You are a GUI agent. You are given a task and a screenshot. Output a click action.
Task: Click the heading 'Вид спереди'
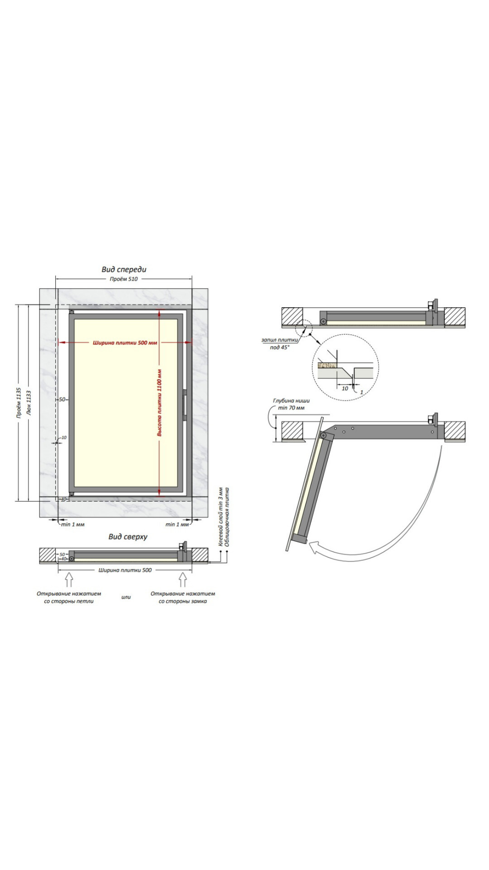pyautogui.click(x=124, y=270)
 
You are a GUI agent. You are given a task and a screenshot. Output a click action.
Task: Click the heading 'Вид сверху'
pyautogui.click(x=128, y=537)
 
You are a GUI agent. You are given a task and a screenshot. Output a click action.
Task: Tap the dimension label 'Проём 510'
pyautogui.click(x=124, y=279)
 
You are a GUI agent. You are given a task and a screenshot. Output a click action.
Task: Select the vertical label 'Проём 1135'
pyautogui.click(x=19, y=402)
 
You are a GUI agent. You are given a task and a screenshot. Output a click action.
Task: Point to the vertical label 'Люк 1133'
pyautogui.click(x=29, y=402)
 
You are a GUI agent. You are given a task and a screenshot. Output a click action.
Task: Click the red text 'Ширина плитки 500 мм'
pyautogui.click(x=125, y=343)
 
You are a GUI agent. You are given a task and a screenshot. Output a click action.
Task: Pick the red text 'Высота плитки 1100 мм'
pyautogui.click(x=159, y=402)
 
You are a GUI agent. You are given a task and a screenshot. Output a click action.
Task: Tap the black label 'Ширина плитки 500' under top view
pyautogui.click(x=125, y=570)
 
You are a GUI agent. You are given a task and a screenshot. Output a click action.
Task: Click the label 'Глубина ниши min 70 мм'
pyautogui.click(x=291, y=404)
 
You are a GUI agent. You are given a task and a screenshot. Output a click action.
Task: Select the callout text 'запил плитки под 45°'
pyautogui.click(x=279, y=343)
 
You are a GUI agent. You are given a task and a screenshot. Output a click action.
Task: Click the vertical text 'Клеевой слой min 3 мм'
pyautogui.click(x=221, y=517)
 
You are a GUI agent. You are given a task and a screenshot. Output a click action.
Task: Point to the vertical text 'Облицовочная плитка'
pyautogui.click(x=227, y=517)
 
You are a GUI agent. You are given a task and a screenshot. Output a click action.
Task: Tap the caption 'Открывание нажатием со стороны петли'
pyautogui.click(x=69, y=597)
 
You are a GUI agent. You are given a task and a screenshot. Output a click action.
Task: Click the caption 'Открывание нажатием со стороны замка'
pyautogui.click(x=182, y=597)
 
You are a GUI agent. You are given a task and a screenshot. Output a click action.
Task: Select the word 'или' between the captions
pyautogui.click(x=126, y=597)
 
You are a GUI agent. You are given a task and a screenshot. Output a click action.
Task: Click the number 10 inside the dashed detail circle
pyautogui.click(x=345, y=388)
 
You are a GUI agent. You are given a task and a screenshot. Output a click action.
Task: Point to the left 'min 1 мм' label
pyautogui.click(x=72, y=524)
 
